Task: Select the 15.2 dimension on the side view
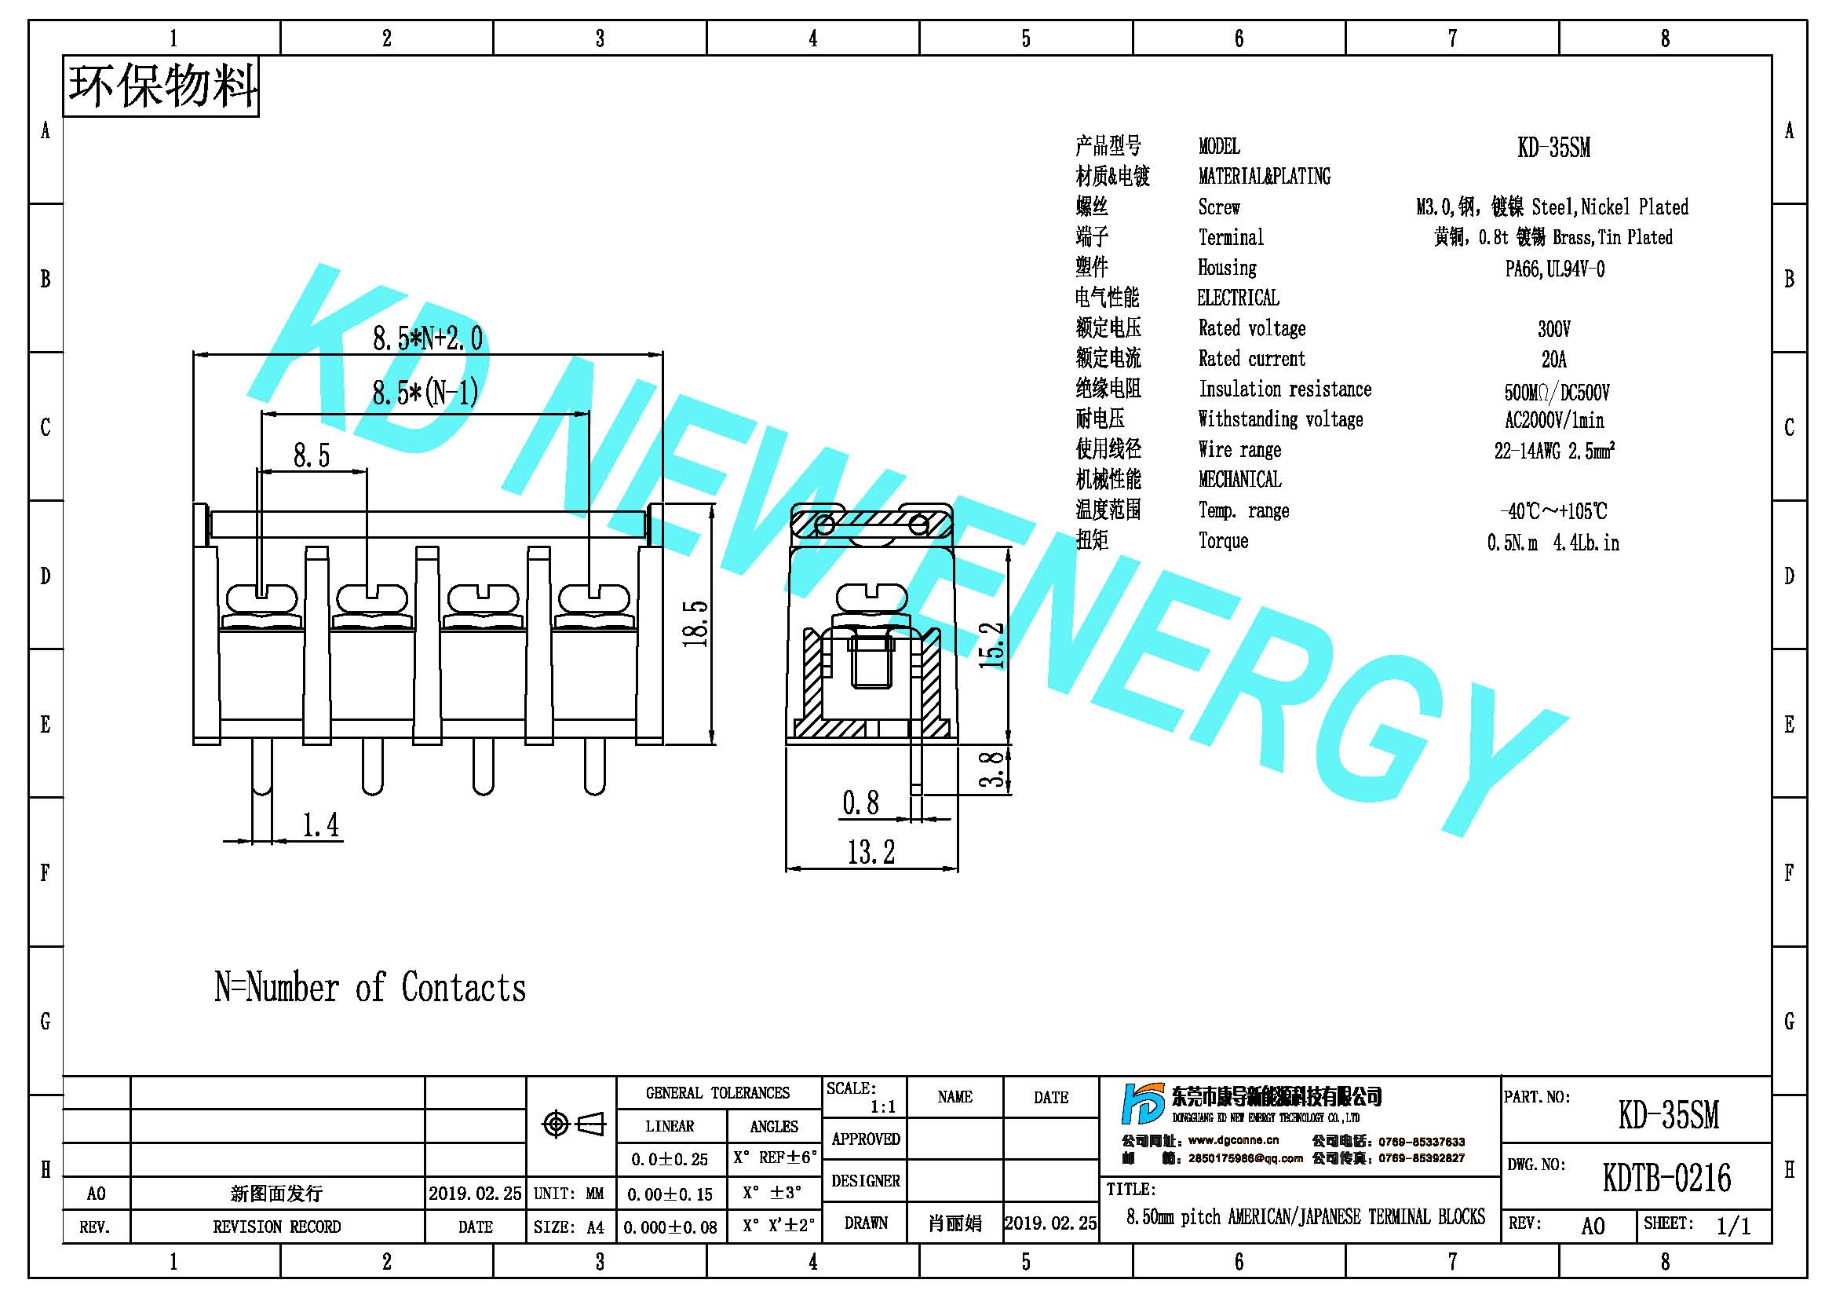pos(991,645)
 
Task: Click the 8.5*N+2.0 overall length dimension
pos(428,338)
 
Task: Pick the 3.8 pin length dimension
pos(991,770)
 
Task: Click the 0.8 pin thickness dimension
pos(860,803)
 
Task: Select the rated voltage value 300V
pos(1553,329)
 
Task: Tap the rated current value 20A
pos(1553,359)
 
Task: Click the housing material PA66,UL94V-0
pos(1554,269)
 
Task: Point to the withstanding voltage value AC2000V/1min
pos(1553,420)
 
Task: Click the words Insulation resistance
pos(1285,389)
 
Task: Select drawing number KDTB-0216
pos(1666,1178)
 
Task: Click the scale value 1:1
pos(883,1107)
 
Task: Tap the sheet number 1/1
pos(1733,1226)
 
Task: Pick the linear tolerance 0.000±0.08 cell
pos(670,1227)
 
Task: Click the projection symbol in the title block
pos(573,1124)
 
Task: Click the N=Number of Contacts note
pos(370,988)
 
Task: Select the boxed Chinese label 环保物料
pos(162,86)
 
